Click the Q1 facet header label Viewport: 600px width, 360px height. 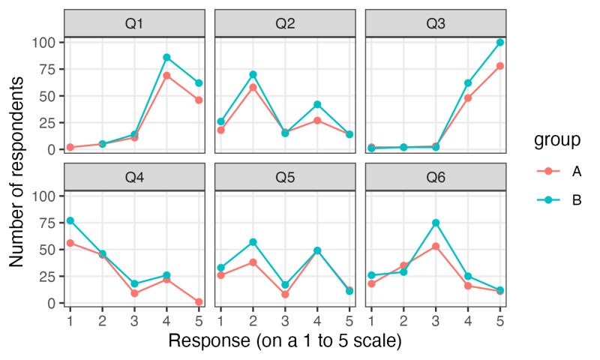tap(134, 23)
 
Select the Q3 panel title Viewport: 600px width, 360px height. tap(436, 23)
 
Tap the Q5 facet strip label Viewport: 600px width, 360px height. tap(285, 177)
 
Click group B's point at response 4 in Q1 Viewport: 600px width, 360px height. tap(167, 57)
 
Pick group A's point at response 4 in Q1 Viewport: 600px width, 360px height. tap(167, 76)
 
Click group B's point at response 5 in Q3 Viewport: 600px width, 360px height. tap(499, 42)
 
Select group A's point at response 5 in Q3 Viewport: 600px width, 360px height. tap(499, 66)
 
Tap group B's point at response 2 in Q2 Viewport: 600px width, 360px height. tap(253, 74)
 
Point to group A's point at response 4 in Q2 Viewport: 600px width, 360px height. tap(317, 120)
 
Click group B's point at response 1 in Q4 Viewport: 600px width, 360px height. tap(70, 220)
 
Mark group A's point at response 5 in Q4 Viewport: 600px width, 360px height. tap(199, 301)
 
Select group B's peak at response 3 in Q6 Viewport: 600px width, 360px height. tap(436, 223)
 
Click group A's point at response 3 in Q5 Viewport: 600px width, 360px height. tap(285, 294)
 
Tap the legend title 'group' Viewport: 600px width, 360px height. tap(554, 140)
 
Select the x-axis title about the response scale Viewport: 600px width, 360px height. tap(285, 341)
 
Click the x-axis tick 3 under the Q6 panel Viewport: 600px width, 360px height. tap(436, 319)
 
